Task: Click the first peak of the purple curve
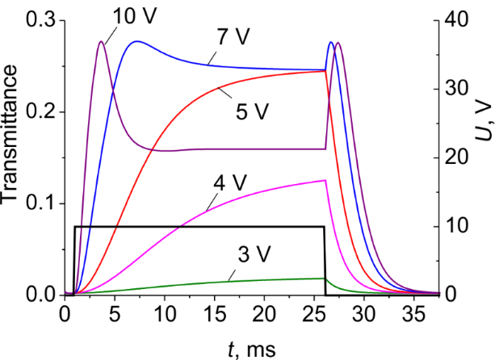101,42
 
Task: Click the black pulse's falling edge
325,258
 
